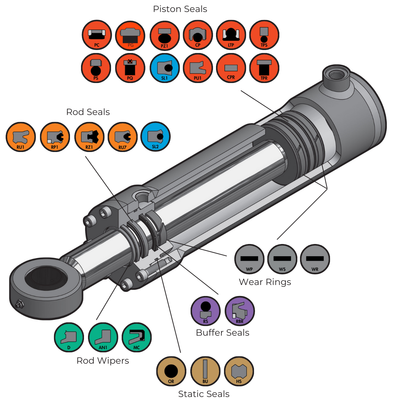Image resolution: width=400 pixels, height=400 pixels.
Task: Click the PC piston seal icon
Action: [97, 35]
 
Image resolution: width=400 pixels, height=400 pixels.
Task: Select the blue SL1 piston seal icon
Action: [165, 68]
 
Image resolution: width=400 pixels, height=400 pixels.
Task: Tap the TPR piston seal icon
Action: [264, 68]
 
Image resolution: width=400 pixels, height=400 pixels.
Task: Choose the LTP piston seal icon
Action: [231, 35]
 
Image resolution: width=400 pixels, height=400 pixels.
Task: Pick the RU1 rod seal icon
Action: [21, 137]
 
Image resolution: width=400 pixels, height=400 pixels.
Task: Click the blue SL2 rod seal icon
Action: [155, 137]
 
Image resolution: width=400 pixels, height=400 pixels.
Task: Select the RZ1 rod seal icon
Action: [89, 137]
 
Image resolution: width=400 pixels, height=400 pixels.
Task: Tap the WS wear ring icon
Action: [282, 259]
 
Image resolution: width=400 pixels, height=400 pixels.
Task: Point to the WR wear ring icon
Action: [315, 259]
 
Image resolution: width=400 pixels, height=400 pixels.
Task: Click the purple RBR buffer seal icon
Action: [240, 311]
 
